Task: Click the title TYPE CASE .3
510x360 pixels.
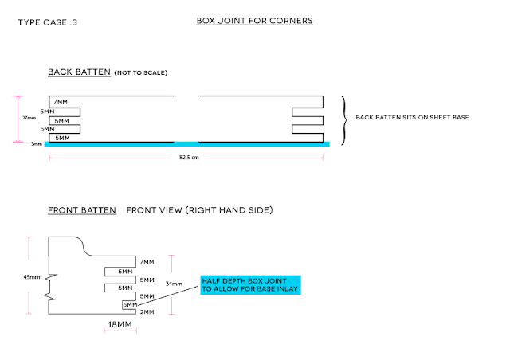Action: click(48, 22)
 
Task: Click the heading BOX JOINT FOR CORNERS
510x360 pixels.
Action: click(255, 21)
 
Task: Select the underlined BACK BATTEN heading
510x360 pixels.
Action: click(80, 72)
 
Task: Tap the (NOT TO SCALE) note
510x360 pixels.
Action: click(141, 72)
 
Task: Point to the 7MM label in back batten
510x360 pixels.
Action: click(61, 102)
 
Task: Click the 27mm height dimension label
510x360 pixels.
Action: click(29, 118)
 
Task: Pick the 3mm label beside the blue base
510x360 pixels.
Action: click(37, 143)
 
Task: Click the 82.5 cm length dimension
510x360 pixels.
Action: click(189, 158)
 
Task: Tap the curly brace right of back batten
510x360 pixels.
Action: click(344, 120)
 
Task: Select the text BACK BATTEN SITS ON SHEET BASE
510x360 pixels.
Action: click(412, 117)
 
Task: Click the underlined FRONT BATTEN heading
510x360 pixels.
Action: click(82, 210)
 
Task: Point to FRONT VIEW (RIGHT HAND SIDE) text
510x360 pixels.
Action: click(199, 210)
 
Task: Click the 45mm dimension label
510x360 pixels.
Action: click(32, 277)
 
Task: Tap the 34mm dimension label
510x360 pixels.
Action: click(174, 284)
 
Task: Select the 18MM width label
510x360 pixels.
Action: click(120, 324)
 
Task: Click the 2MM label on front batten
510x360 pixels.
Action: click(147, 312)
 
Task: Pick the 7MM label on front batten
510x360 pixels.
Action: click(147, 262)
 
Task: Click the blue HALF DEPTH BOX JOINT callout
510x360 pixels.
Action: click(250, 285)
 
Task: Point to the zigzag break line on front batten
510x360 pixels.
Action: click(49, 287)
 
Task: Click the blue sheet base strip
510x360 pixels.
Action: click(187, 144)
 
